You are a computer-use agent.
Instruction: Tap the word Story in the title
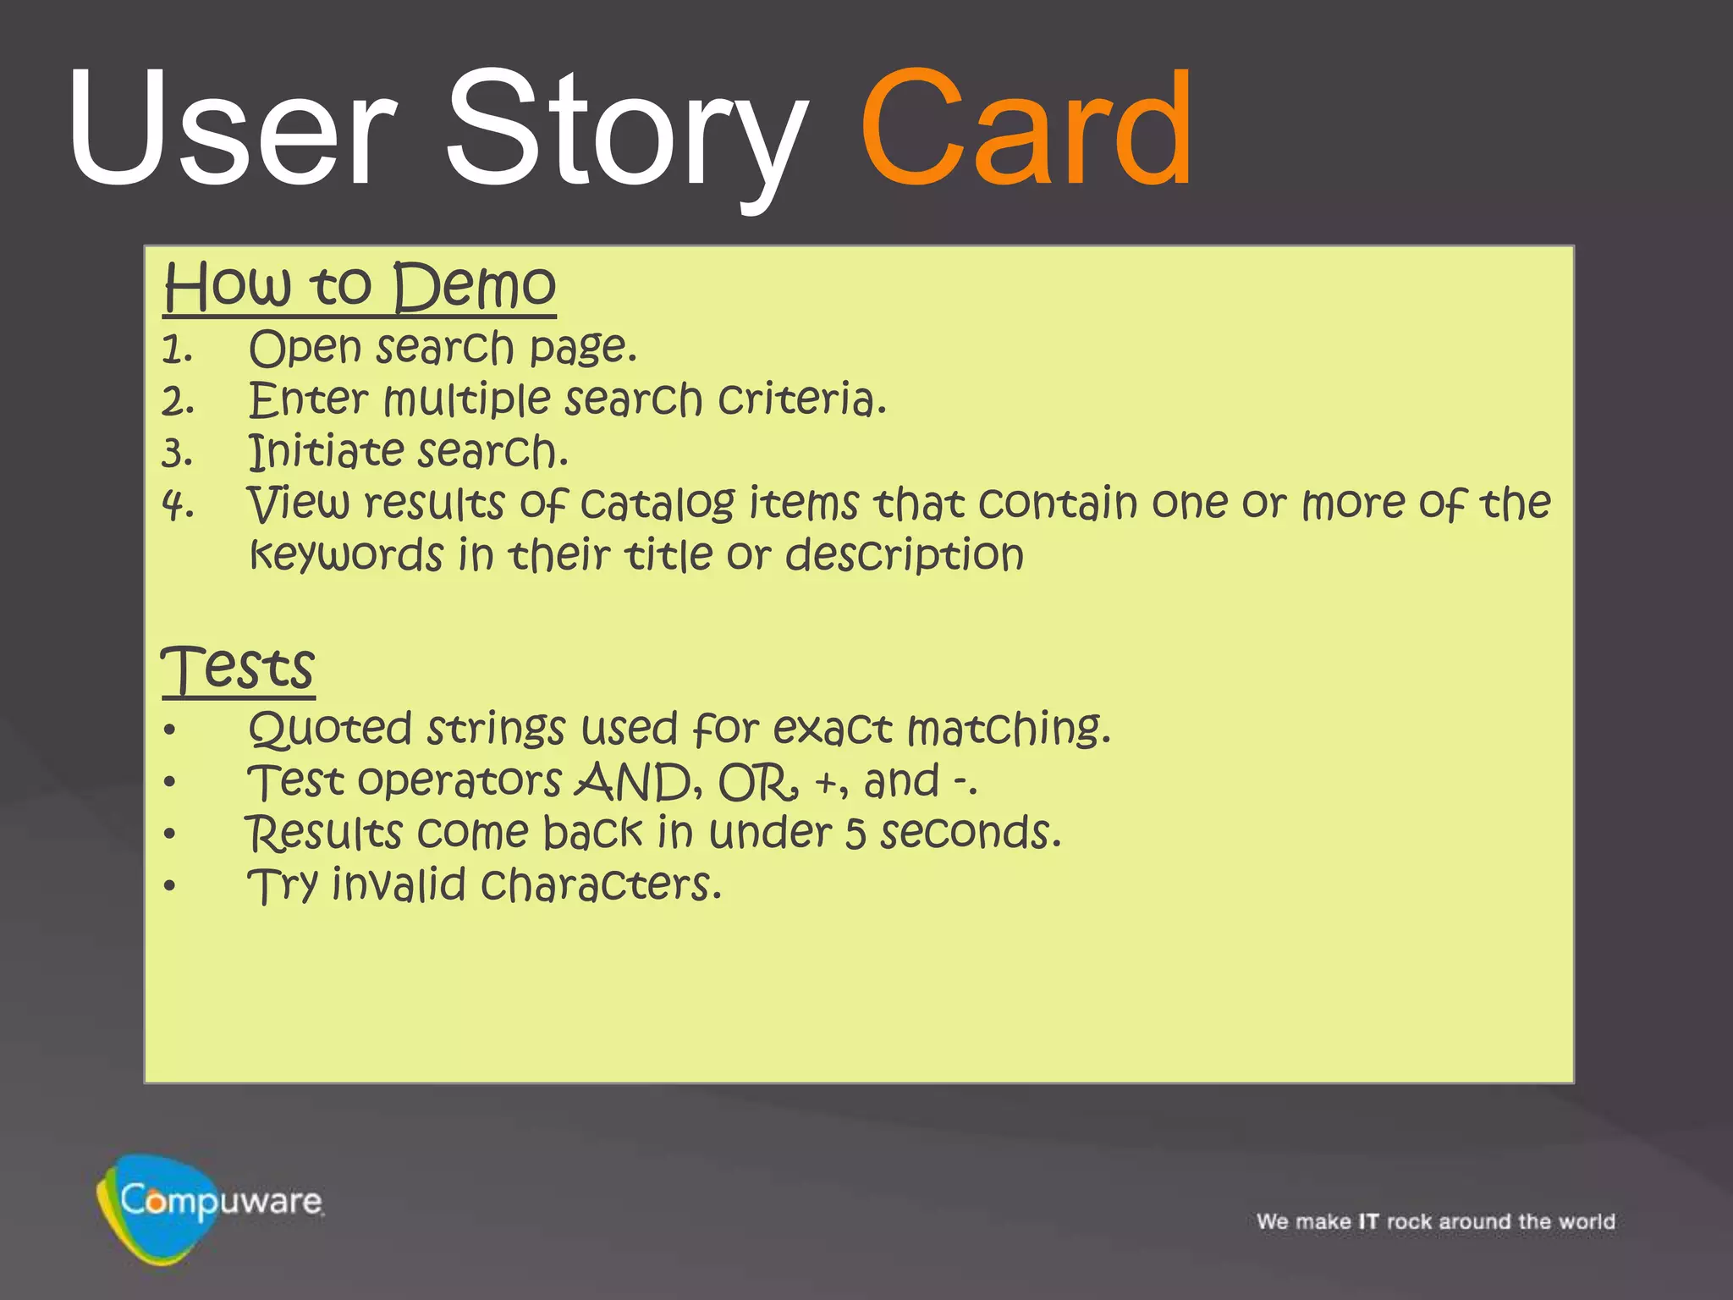click(626, 135)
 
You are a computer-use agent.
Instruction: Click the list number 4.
click(178, 506)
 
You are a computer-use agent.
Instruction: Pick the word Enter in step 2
click(308, 399)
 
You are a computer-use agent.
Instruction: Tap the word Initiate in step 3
click(326, 451)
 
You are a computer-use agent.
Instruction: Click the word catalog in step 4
click(657, 504)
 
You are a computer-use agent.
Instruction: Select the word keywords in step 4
click(346, 555)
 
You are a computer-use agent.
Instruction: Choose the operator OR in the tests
click(756, 782)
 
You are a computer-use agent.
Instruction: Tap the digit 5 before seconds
click(855, 834)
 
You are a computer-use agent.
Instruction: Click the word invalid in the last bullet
click(399, 885)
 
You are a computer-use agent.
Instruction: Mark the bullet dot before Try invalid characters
click(170, 886)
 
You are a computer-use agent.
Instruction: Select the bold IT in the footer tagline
click(1368, 1221)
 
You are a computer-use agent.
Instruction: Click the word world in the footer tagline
click(1588, 1221)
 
